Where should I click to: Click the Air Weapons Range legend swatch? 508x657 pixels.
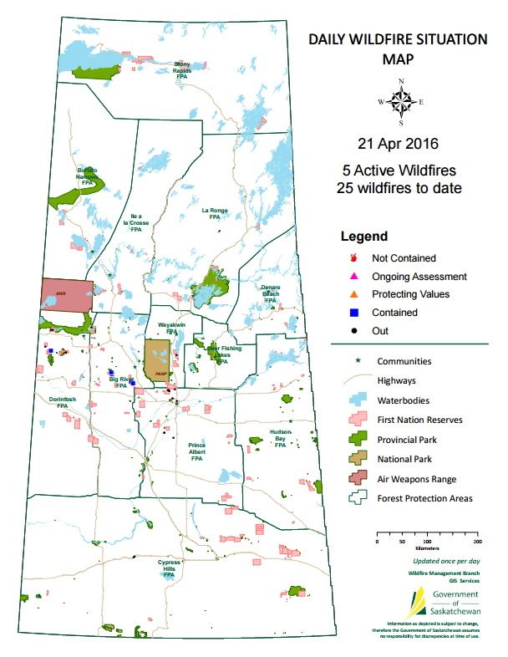[x=359, y=478]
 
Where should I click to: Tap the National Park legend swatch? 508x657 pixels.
[x=359, y=458]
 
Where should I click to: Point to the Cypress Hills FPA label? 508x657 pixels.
[x=169, y=568]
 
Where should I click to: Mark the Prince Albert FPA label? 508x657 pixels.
[x=197, y=451]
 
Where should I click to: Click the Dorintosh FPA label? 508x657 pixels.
[x=62, y=402]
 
